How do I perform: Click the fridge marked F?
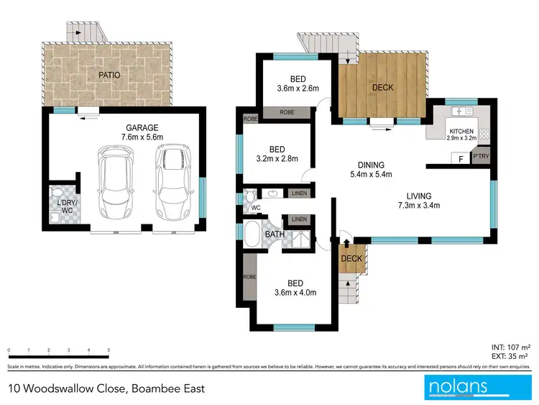coord(457,159)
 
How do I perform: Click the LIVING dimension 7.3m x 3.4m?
coord(418,206)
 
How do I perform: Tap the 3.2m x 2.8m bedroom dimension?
coord(277,159)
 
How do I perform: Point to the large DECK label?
coord(382,88)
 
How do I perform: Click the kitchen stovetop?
coord(484,133)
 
